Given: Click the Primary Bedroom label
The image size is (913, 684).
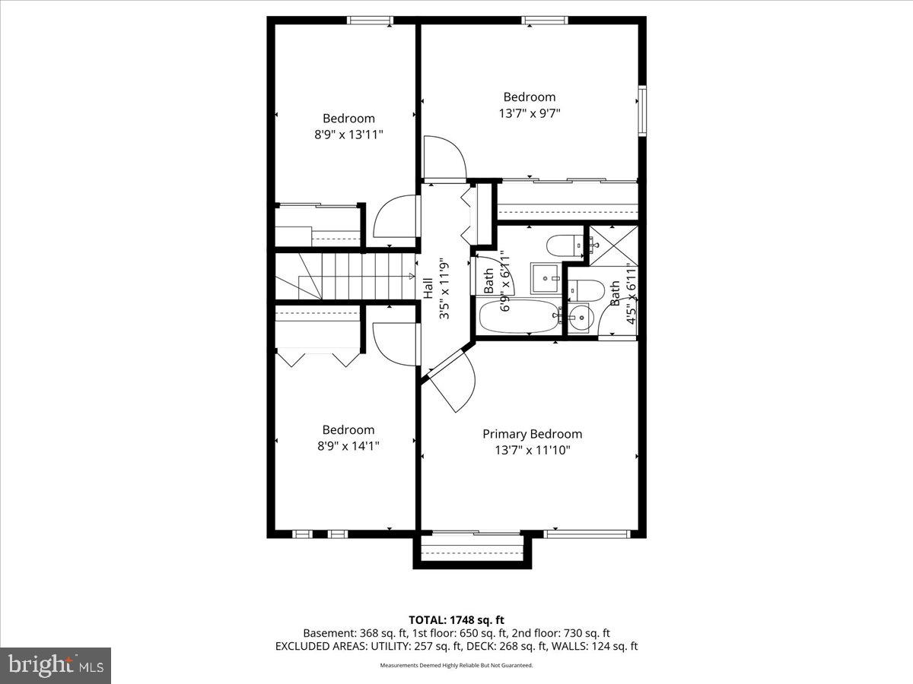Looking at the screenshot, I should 532,434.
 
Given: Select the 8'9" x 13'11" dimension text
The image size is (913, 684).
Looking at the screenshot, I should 348,134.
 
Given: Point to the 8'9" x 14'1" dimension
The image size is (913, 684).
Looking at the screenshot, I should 348,446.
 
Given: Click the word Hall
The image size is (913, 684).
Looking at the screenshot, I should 428,287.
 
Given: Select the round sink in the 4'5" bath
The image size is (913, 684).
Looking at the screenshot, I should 580,315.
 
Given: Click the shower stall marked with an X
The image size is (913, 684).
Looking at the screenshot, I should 612,245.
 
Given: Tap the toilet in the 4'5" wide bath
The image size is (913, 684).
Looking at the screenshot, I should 587,290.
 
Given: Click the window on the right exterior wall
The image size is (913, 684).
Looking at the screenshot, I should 642,112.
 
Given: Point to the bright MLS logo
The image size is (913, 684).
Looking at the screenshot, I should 56,665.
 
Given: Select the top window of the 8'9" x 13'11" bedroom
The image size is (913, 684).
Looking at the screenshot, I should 370,21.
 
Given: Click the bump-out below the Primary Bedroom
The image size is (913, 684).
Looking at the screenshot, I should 472,550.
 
